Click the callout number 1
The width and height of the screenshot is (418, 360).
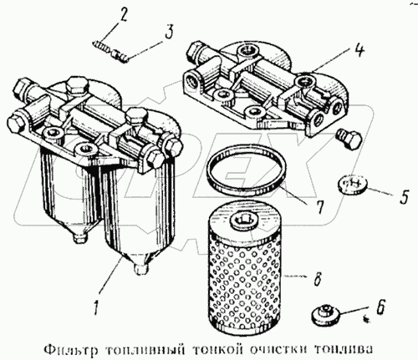97,306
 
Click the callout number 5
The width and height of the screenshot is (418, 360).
404,197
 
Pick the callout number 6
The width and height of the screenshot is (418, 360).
381,306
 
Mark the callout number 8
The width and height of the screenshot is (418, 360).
317,277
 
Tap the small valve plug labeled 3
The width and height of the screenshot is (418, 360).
120,55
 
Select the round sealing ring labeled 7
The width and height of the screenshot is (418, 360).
247,170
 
